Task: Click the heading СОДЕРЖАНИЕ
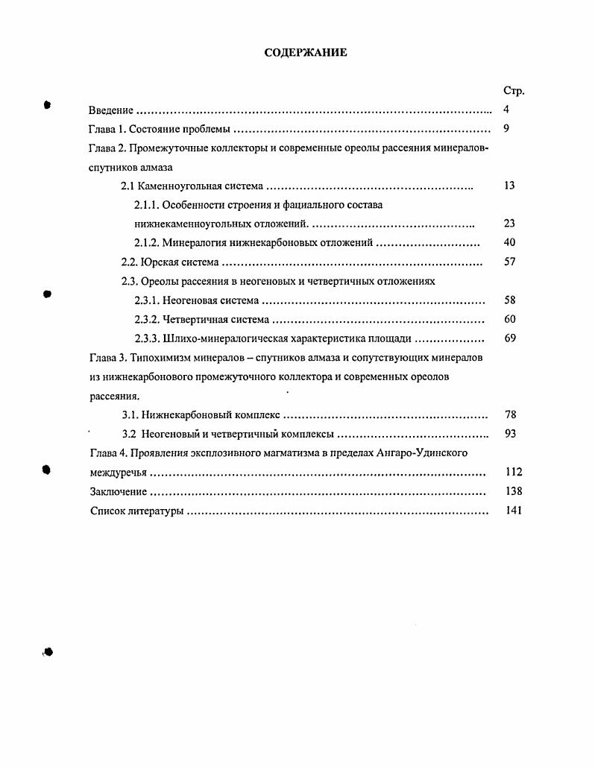pos(306,53)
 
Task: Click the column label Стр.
pos(513,91)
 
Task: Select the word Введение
pos(111,110)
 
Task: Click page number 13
pos(509,186)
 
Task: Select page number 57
pos(509,262)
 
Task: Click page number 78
pos(510,415)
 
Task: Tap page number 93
pos(510,434)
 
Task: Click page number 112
pos(512,473)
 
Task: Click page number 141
pos(512,511)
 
